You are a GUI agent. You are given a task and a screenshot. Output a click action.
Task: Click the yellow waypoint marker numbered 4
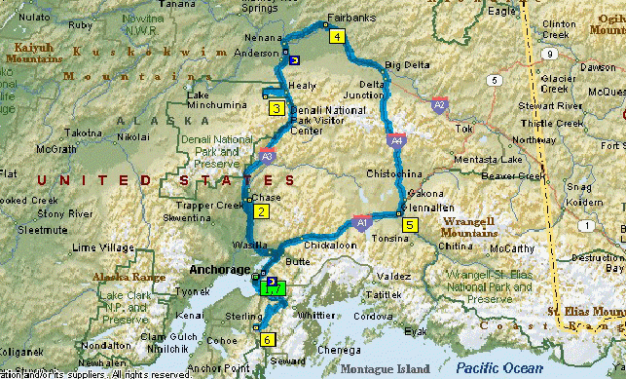click(337, 37)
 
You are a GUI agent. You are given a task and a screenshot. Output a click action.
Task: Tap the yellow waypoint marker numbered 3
click(277, 108)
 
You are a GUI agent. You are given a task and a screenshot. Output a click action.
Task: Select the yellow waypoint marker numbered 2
click(261, 211)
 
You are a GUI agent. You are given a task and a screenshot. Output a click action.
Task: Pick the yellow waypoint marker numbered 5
click(410, 225)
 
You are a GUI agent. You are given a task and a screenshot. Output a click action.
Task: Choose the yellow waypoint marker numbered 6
click(267, 340)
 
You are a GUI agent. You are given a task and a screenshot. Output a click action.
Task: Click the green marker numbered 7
click(275, 289)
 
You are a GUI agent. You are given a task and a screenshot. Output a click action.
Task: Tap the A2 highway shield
click(440, 103)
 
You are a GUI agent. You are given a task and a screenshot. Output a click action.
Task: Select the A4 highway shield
click(397, 141)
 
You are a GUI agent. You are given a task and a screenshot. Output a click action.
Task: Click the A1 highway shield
click(361, 223)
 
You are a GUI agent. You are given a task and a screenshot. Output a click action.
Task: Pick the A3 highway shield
click(267, 154)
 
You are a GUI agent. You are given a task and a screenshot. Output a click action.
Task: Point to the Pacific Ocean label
click(502, 368)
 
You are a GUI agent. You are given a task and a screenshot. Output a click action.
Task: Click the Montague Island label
click(389, 368)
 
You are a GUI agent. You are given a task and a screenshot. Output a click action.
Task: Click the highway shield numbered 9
click(550, 54)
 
